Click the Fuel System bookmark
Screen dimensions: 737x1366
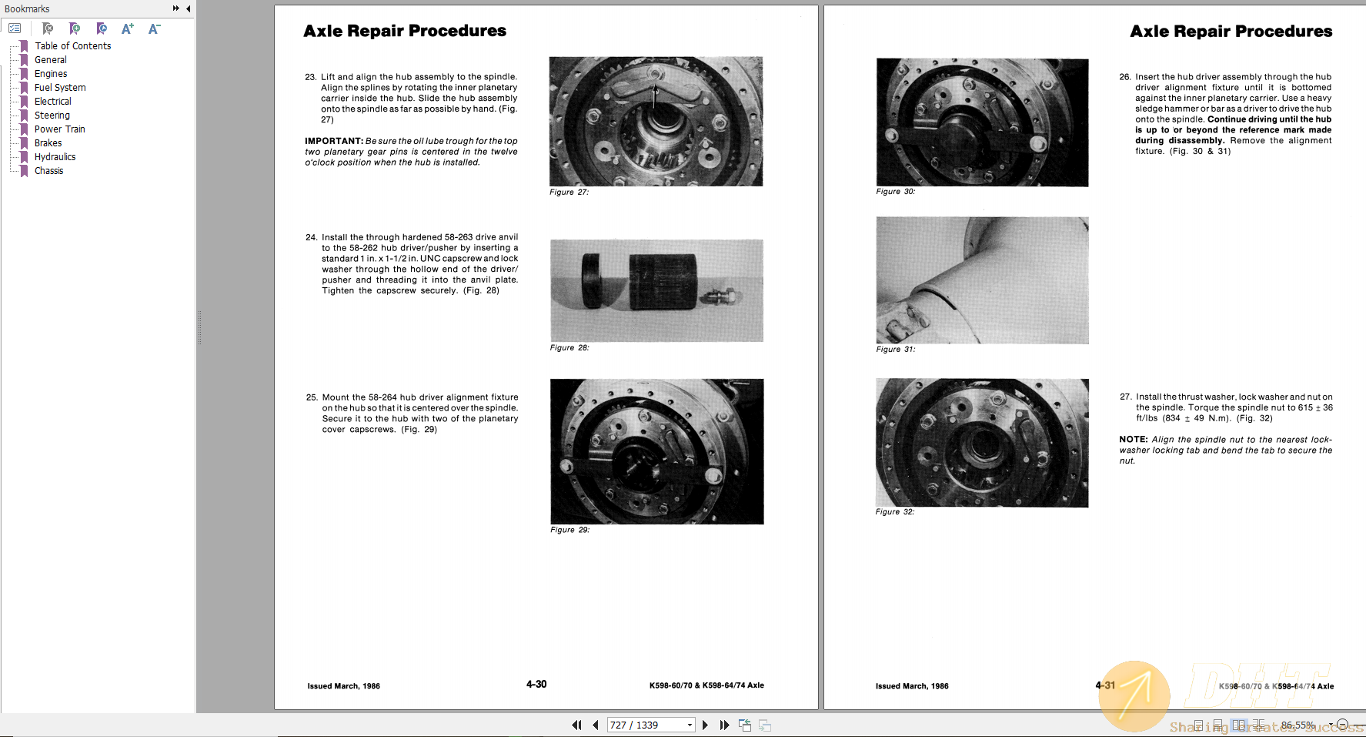click(60, 88)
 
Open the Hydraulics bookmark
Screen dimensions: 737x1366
click(55, 157)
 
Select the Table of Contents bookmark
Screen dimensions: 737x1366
click(72, 46)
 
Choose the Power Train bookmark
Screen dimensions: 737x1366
click(59, 129)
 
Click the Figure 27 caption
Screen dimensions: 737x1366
click(569, 193)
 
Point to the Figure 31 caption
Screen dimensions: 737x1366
click(895, 350)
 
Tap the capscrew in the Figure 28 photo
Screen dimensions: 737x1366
click(720, 296)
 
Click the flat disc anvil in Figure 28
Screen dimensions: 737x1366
click(592, 281)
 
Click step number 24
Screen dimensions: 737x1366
click(311, 238)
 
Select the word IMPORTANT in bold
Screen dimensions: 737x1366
click(333, 141)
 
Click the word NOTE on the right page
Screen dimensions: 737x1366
click(1133, 440)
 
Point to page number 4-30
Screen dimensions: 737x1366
click(536, 685)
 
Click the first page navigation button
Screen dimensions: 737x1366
click(576, 725)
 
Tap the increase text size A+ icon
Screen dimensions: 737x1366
click(128, 28)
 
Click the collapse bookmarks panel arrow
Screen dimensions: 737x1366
click(189, 8)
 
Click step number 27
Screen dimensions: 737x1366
click(1125, 397)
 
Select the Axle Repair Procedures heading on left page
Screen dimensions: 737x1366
click(405, 31)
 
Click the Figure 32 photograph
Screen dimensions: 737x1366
click(982, 442)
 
